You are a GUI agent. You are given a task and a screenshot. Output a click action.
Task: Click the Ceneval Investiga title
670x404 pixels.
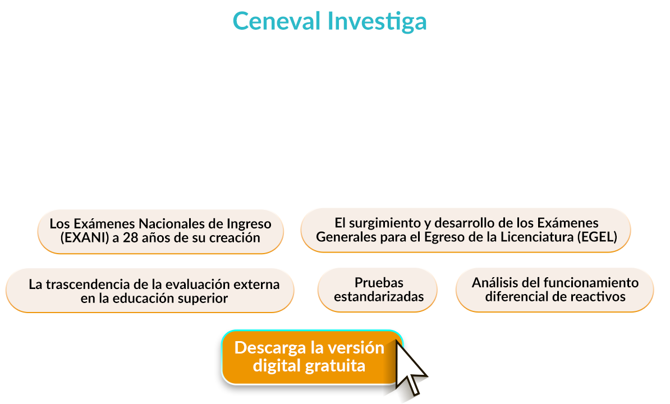[329, 21]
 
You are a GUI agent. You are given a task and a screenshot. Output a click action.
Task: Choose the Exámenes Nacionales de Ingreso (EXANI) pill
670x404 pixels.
[160, 231]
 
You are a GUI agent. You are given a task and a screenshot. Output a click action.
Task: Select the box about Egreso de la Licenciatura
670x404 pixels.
[466, 230]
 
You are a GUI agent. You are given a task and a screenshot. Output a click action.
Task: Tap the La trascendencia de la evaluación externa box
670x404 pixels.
[150, 291]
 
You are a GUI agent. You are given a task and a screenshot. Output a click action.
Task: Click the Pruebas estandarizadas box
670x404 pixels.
[378, 290]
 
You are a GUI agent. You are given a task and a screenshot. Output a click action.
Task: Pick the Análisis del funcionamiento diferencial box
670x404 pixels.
[554, 289]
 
